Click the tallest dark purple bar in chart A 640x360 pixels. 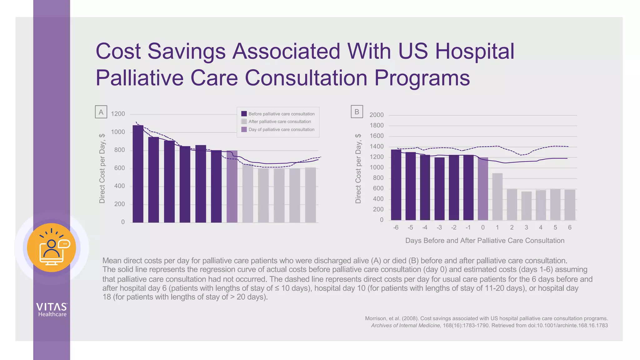coord(138,174)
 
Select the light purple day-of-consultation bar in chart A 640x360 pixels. coord(232,187)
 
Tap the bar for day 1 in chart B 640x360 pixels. coord(497,197)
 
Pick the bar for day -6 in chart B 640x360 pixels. coord(396,185)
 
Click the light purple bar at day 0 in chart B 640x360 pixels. coord(483,189)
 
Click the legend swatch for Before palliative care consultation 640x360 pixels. coord(244,114)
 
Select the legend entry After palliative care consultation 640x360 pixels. coord(280,122)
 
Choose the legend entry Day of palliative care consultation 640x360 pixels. coord(281,129)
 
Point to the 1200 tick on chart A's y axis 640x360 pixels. coord(118,114)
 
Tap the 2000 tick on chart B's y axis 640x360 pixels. coord(376,115)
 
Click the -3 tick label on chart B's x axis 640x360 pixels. coord(439,227)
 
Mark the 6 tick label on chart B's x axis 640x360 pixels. coord(570,227)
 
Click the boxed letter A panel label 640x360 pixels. coord(101,112)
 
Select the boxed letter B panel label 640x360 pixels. coord(357,112)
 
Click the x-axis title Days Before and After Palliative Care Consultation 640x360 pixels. coord(485,241)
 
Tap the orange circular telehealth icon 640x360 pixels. coord(52,247)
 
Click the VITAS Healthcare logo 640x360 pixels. coord(52,310)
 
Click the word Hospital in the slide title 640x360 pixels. coord(474,51)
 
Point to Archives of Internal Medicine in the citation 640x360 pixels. coord(406,326)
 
